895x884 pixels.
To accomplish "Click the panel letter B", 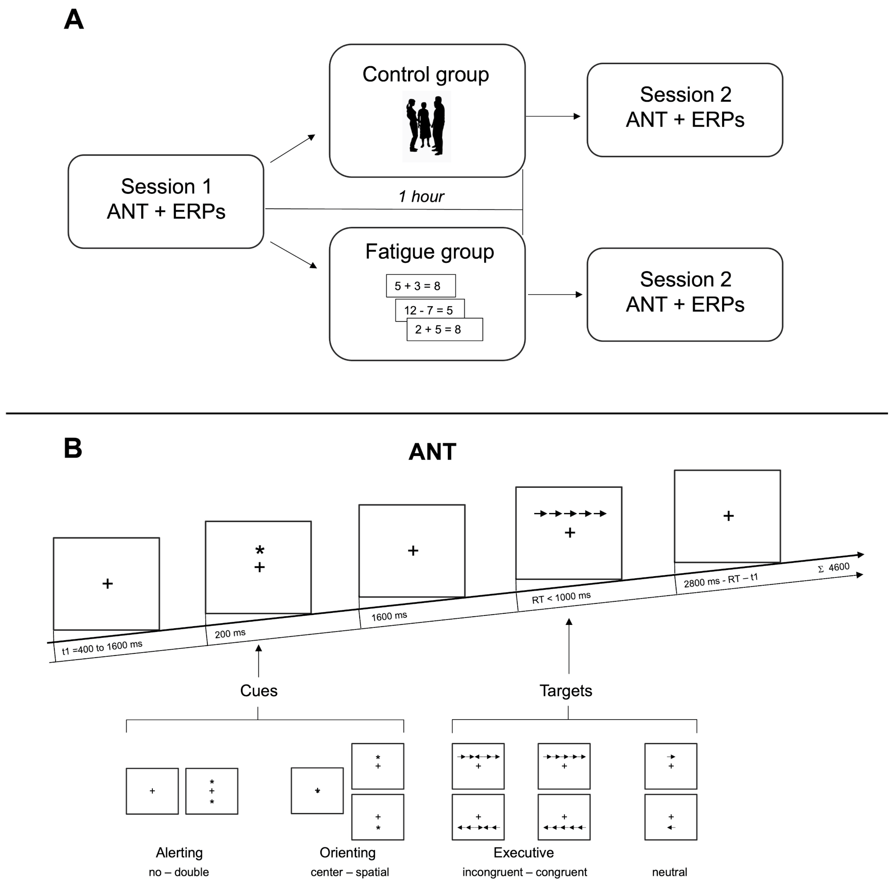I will coord(73,448).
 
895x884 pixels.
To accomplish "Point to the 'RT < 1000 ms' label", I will coord(561,597).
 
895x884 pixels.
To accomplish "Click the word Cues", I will coord(258,690).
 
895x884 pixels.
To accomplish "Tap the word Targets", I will coord(566,690).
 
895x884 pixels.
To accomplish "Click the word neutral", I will coord(669,872).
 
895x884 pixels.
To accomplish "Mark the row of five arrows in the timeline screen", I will coord(570,513).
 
